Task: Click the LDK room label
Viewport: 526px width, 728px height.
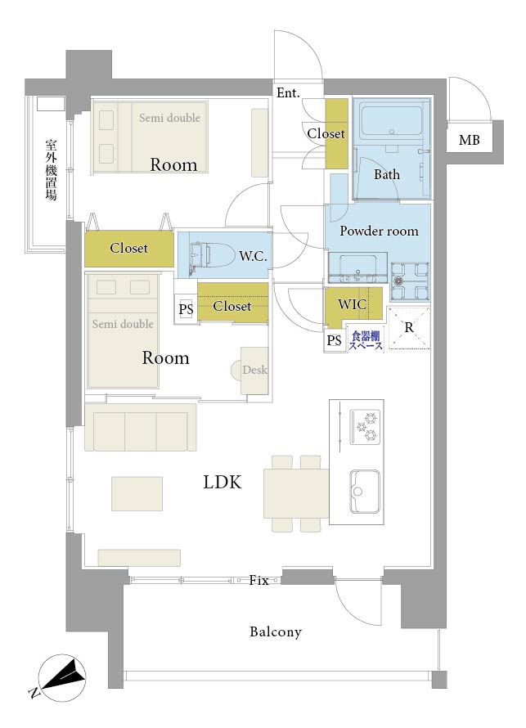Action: pos(223,483)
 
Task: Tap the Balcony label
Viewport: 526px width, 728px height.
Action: pos(276,631)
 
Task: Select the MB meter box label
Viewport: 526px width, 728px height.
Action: pos(469,140)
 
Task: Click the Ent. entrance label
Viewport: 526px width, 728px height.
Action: pos(288,93)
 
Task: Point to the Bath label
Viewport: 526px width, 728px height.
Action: pos(387,174)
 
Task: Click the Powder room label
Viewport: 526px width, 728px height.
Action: pos(379,231)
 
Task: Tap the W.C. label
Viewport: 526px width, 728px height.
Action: pos(253,255)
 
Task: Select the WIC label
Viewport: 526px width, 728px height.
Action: pos(352,304)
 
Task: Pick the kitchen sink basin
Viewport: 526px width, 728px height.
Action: pos(365,492)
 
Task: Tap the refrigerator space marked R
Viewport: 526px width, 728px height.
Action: pos(409,328)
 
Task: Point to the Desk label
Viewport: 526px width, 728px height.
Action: pos(254,370)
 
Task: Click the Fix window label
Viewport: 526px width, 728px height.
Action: pos(259,580)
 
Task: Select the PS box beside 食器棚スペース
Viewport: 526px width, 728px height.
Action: pos(335,341)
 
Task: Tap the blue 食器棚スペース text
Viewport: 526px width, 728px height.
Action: pos(366,341)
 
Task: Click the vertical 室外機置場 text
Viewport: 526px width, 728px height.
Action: pos(51,170)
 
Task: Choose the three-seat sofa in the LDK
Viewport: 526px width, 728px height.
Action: pos(141,427)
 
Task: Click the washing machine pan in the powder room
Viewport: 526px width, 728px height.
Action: pos(410,281)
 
